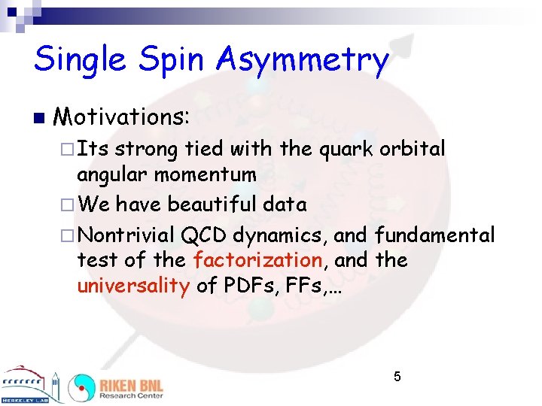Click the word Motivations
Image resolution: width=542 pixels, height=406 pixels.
pyautogui.click(x=124, y=117)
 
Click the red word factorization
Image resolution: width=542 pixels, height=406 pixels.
pyautogui.click(x=257, y=261)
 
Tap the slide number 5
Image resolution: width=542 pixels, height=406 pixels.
pyautogui.click(x=397, y=376)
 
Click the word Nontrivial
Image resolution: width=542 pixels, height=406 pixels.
pyautogui.click(x=126, y=235)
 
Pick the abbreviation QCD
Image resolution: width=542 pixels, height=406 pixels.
pyautogui.click(x=204, y=235)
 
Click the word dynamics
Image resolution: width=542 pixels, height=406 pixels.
pyautogui.click(x=279, y=236)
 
